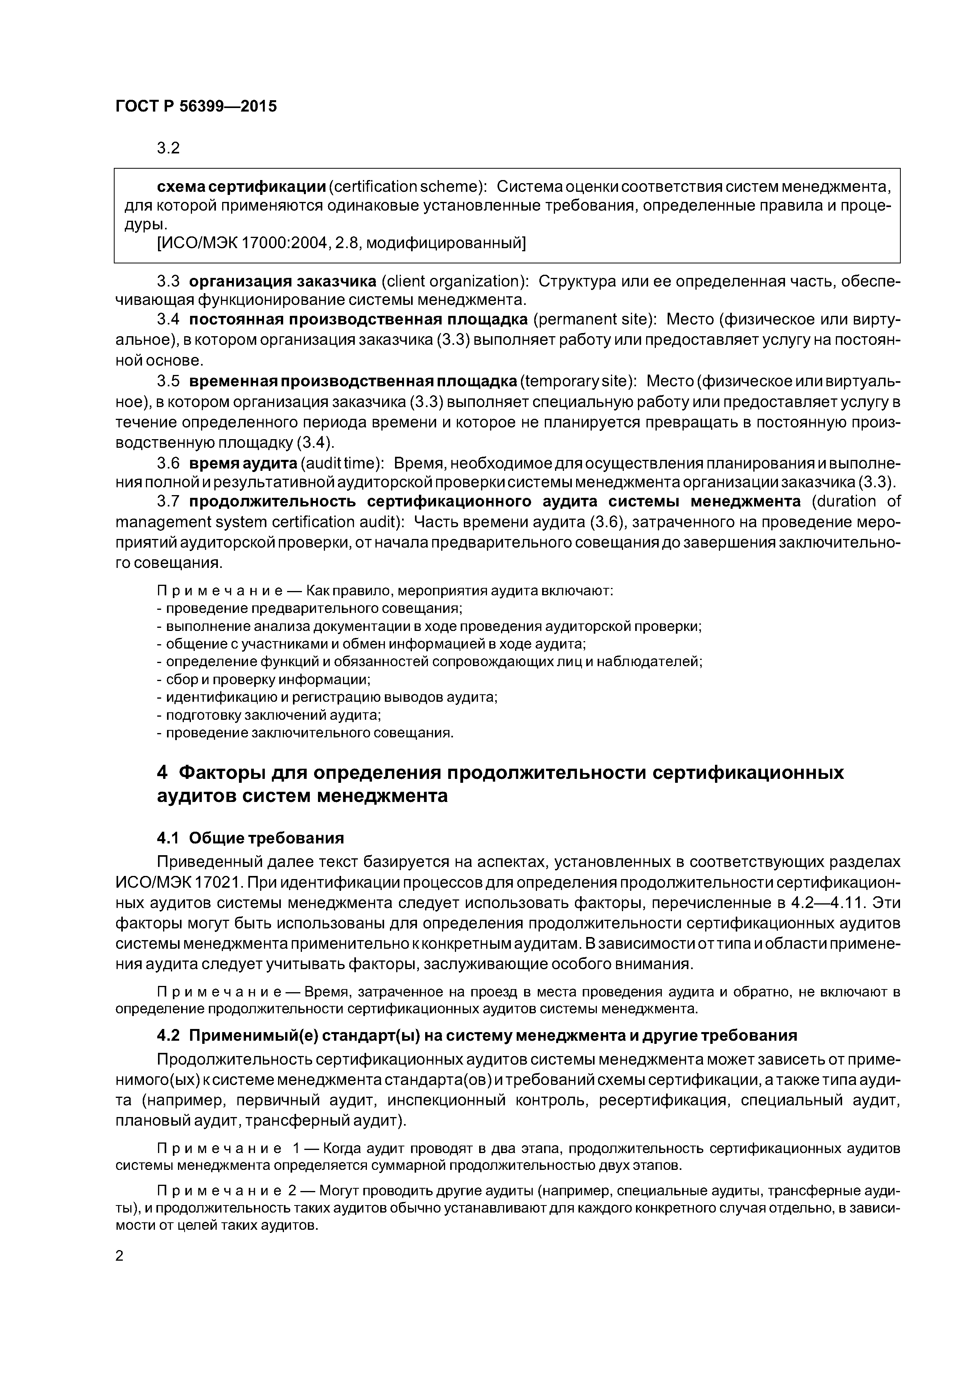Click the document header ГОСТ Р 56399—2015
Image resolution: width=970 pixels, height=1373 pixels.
[196, 106]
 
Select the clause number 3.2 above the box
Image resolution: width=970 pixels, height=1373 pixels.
[168, 148]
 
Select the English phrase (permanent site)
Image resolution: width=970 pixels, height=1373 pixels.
[595, 319]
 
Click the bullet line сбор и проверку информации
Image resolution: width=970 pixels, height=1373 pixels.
[263, 679]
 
